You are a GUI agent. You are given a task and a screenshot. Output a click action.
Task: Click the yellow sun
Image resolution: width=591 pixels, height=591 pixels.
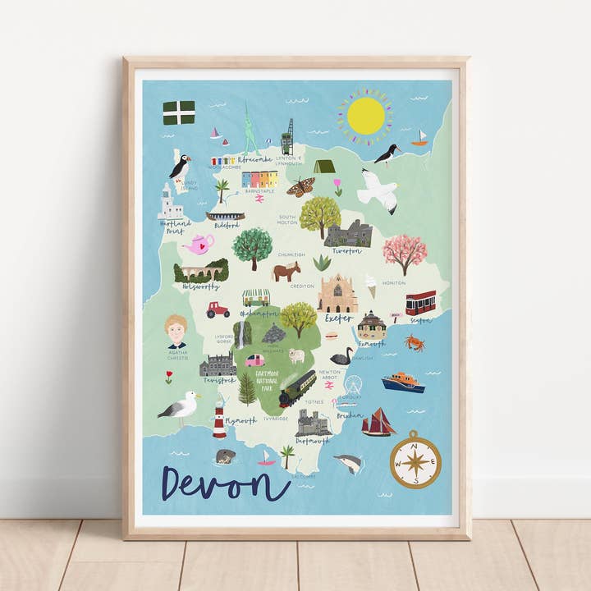pyautogui.click(x=365, y=116)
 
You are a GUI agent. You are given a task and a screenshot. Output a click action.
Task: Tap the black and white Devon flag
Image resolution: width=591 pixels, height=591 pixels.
pyautogui.click(x=178, y=112)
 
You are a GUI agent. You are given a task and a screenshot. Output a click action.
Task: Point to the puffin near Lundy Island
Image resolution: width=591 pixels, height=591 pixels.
pyautogui.click(x=180, y=167)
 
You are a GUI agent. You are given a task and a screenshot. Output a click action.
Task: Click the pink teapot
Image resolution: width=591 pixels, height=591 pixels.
pyautogui.click(x=199, y=244)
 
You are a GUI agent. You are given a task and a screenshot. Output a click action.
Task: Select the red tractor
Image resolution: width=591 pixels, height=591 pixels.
pyautogui.click(x=218, y=309)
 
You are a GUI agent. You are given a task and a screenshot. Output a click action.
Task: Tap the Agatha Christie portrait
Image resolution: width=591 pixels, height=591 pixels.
pyautogui.click(x=176, y=332)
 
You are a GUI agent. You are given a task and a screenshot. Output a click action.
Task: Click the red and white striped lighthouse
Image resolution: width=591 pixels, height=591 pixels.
pyautogui.click(x=219, y=421)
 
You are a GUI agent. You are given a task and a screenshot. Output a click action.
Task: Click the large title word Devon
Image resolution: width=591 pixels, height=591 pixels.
pyautogui.click(x=225, y=483)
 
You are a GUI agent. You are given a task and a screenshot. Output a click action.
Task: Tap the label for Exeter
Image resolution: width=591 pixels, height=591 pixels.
pyautogui.click(x=338, y=318)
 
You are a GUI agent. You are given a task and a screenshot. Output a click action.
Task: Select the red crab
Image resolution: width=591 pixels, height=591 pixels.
pyautogui.click(x=415, y=342)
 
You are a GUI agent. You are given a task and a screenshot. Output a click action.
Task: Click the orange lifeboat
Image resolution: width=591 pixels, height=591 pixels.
pyautogui.click(x=402, y=383)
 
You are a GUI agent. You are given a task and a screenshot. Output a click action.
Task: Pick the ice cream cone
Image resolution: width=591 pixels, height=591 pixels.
pyautogui.click(x=371, y=286)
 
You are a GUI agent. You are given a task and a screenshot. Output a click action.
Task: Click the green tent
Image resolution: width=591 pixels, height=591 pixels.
pyautogui.click(x=324, y=166)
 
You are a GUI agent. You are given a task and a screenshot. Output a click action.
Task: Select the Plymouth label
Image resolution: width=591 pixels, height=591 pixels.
pyautogui.click(x=241, y=420)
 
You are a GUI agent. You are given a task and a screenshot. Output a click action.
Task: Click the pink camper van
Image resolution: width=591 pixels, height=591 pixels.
pyautogui.click(x=255, y=360)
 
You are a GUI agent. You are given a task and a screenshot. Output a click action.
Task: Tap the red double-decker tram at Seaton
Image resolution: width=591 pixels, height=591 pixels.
pyautogui.click(x=420, y=303)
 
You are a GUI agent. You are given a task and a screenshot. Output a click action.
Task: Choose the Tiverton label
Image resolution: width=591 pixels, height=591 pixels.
pyautogui.click(x=346, y=251)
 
